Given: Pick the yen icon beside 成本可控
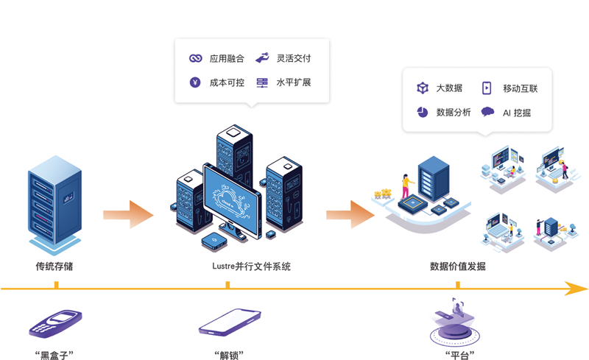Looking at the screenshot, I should [x=195, y=82].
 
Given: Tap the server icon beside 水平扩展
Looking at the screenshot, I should [x=262, y=82].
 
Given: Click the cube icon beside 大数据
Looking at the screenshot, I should [x=423, y=88].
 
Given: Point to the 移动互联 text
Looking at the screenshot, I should [x=520, y=88].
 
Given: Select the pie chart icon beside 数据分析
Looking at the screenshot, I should [x=423, y=113].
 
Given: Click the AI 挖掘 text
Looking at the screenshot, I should [x=517, y=113].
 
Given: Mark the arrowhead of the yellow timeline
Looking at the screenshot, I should [x=578, y=289].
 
